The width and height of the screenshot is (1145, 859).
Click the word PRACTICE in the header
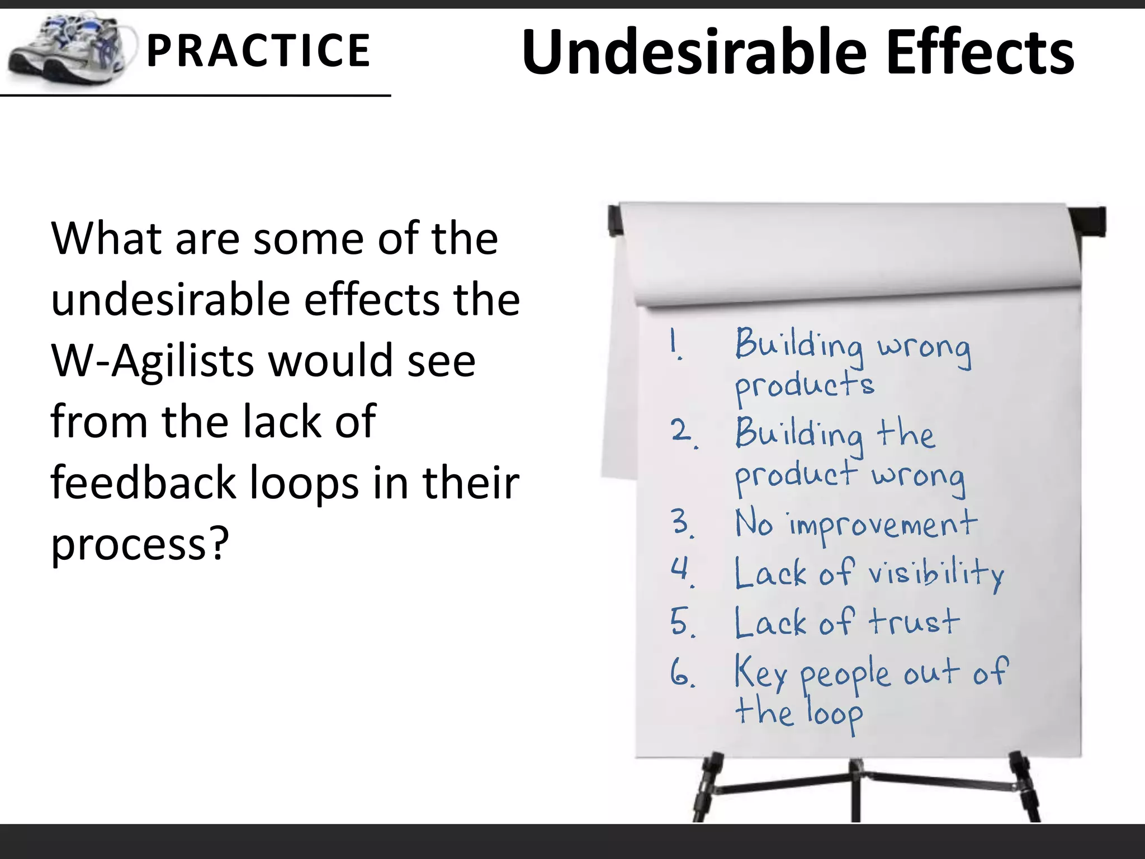258,51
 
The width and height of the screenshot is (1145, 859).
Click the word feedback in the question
143,482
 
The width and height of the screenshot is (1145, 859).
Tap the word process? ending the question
140,544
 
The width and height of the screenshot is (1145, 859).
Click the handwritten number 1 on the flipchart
676,343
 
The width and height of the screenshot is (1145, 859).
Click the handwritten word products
804,386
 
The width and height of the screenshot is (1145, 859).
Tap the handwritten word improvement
882,526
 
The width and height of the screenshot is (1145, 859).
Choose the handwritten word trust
914,622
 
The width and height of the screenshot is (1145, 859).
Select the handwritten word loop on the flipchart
834,715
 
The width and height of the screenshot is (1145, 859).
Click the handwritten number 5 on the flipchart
682,622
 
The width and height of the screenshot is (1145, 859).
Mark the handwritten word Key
760,673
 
